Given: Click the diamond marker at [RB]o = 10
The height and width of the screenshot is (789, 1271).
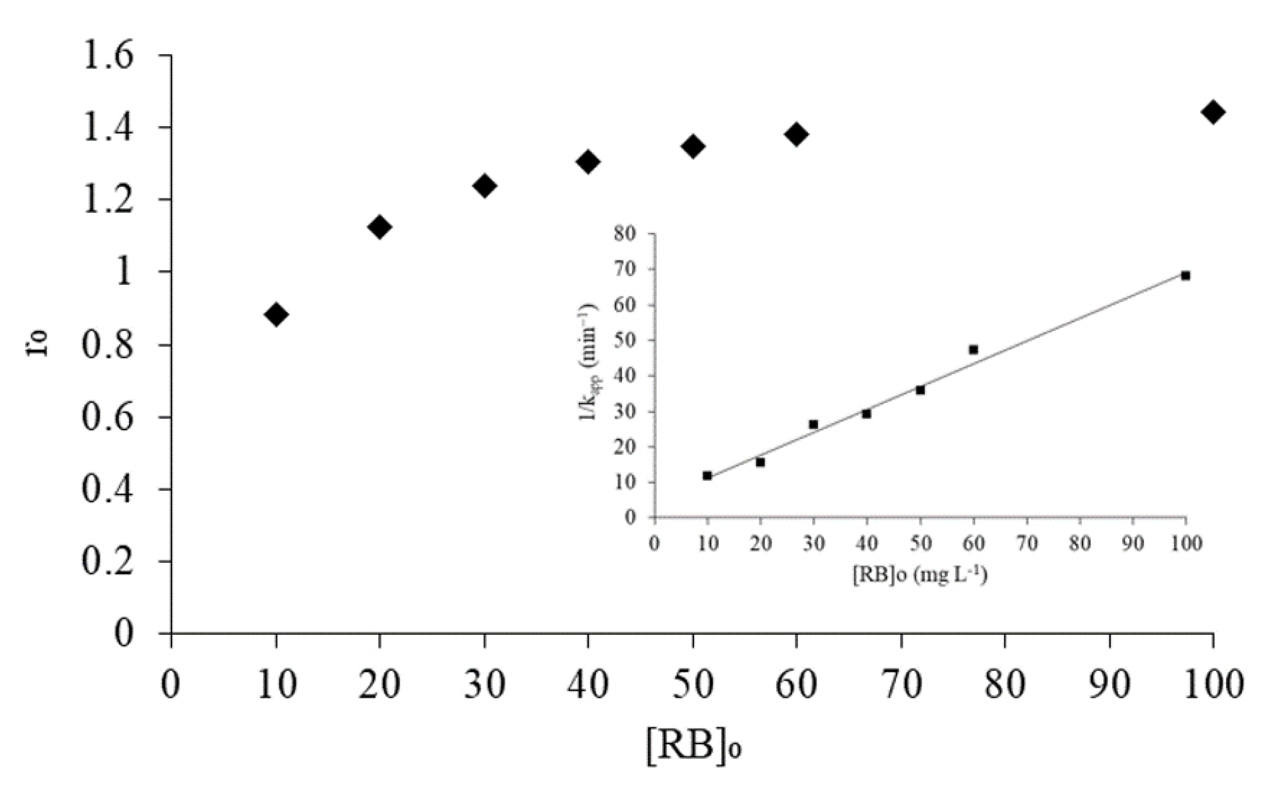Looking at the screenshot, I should [276, 315].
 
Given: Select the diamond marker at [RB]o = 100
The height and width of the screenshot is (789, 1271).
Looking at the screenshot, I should [1213, 112].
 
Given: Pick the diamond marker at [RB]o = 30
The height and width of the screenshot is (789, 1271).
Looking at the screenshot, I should [485, 185].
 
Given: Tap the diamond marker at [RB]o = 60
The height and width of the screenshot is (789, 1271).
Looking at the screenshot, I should [796, 134].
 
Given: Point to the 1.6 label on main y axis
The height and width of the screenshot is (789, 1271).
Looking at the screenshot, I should [108, 55].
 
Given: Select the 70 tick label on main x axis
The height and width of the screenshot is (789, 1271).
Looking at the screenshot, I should [901, 684].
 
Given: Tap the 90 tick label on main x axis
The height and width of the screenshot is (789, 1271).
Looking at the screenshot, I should [1109, 684].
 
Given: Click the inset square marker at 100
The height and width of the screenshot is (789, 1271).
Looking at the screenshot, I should [1185, 276].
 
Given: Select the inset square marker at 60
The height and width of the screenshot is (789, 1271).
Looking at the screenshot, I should [973, 350].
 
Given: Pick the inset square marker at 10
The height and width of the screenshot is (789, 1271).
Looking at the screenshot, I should [707, 475].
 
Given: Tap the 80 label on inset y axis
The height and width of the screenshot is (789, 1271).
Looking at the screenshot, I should [625, 233].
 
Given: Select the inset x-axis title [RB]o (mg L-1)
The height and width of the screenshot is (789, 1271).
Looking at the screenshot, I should [920, 575].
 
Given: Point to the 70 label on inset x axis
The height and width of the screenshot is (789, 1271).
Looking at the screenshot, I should [1027, 543].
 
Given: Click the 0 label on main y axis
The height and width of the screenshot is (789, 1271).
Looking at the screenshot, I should [123, 633].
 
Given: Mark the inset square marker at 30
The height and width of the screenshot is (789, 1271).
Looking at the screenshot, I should [813, 425].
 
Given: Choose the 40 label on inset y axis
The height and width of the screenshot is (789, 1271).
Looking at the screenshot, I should [625, 376].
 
